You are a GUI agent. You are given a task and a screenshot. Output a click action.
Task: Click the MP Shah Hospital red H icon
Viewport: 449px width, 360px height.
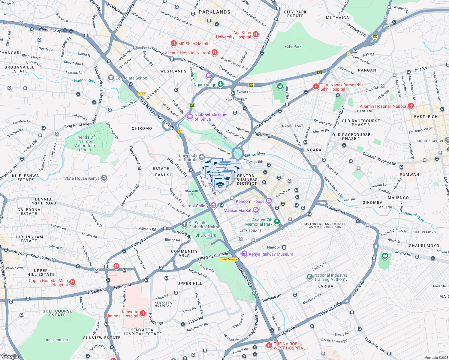pos(173,43)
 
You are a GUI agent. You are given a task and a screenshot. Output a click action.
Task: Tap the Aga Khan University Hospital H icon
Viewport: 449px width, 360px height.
pos(256,34)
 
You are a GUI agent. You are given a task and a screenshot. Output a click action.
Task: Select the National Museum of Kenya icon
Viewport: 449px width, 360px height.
pos(190,117)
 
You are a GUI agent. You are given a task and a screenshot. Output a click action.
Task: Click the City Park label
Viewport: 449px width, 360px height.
pos(293,46)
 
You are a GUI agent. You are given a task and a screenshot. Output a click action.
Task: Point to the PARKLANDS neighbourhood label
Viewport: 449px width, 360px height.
pos(214,12)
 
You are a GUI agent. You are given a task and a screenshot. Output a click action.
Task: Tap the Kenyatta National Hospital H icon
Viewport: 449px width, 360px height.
pos(143,313)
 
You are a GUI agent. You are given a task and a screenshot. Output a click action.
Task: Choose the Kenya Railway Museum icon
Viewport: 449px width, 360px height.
pos(244,254)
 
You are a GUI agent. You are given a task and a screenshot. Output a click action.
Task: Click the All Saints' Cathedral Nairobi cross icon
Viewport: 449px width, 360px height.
pos(184,224)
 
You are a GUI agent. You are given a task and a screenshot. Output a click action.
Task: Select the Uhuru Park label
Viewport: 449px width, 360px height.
pos(206,235)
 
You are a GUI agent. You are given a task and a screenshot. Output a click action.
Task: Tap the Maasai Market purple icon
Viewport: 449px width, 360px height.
pos(256,210)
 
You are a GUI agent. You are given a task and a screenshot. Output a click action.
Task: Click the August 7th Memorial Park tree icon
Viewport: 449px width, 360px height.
pos(277,221)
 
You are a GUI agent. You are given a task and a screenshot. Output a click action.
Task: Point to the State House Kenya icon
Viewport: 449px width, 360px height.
pos(104,178)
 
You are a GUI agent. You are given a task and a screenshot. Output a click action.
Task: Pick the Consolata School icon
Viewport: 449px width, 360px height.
pos(111,78)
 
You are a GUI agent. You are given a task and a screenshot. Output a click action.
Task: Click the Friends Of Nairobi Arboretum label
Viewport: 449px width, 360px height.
pos(85,143)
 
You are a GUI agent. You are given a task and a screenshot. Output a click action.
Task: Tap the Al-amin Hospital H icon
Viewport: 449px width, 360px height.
pos(411,106)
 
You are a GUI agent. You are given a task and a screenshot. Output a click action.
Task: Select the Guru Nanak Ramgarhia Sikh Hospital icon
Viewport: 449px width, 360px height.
pos(316,86)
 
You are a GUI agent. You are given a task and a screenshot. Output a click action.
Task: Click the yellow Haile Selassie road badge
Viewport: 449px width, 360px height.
pos(229,259)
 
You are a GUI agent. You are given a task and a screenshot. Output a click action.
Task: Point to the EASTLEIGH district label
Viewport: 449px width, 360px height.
pos(426,117)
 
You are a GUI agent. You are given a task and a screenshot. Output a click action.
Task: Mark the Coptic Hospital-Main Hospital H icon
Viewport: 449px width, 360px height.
pos(72,282)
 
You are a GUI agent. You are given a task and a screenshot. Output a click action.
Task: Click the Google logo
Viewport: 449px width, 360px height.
pos(10,356)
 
